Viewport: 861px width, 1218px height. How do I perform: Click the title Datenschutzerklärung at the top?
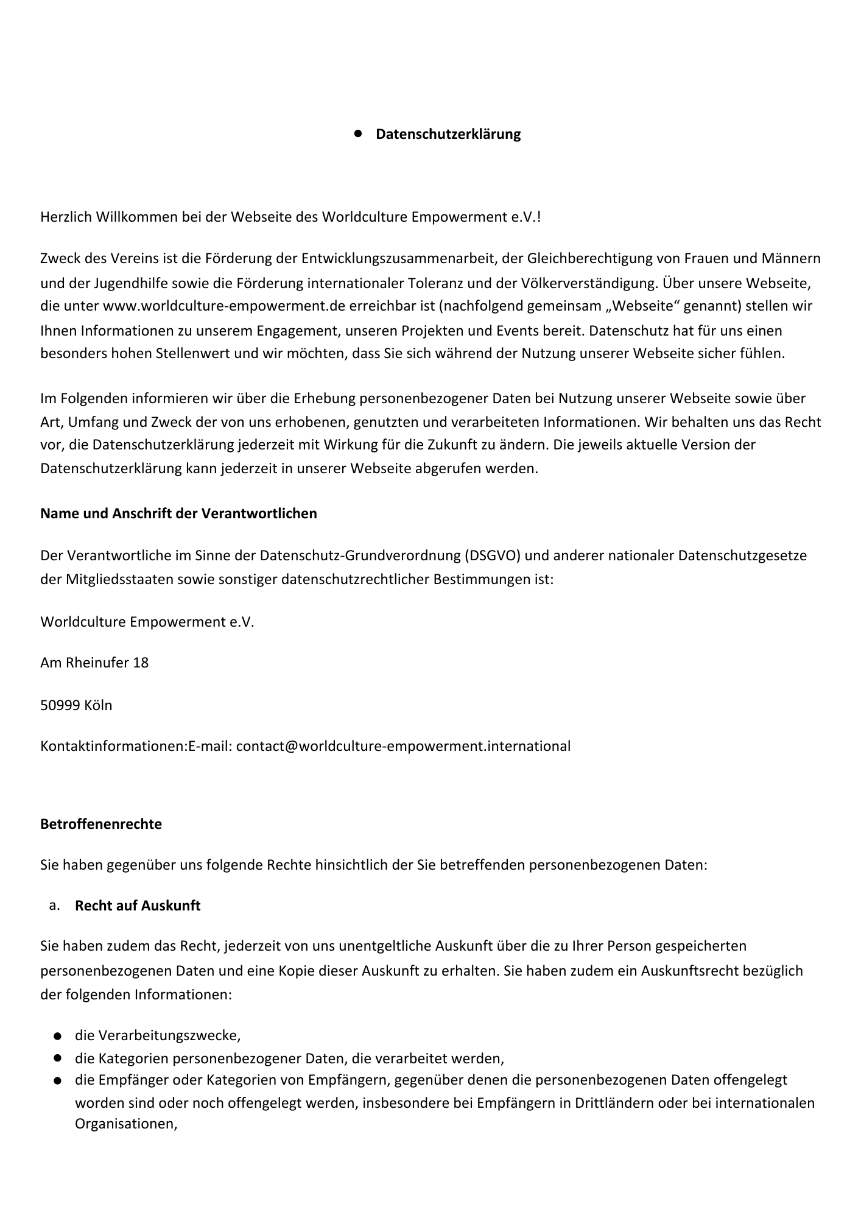click(448, 134)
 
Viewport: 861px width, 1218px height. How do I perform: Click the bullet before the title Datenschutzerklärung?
click(358, 132)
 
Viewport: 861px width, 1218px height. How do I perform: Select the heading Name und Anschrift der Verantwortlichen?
click(178, 513)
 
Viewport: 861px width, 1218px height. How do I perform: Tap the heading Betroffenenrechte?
click(101, 824)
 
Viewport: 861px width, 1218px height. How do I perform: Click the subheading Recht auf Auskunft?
click(138, 906)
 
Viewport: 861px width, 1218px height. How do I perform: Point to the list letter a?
click(54, 906)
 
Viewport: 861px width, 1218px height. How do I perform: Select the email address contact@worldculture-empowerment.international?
click(403, 746)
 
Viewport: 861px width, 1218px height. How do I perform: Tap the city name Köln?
click(98, 705)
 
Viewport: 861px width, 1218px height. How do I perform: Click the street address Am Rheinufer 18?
click(94, 663)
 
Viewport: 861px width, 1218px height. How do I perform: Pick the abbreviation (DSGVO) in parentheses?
click(492, 555)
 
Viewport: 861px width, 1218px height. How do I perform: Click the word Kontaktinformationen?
click(112, 746)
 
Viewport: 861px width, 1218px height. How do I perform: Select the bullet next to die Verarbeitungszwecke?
click(57, 1036)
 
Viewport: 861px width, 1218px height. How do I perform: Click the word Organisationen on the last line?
click(125, 1124)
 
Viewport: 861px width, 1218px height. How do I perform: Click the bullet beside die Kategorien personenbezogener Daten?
click(57, 1058)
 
